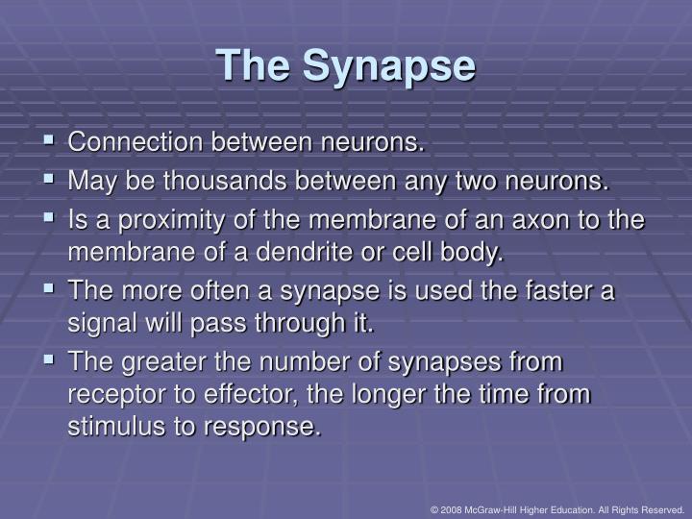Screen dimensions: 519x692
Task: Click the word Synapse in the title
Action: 388,66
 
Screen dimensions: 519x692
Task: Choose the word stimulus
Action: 113,427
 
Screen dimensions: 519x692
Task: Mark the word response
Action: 267,427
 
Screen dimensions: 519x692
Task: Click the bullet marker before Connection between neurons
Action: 50,142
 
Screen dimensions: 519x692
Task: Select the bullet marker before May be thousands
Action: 50,179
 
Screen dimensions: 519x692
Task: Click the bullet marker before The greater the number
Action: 50,361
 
